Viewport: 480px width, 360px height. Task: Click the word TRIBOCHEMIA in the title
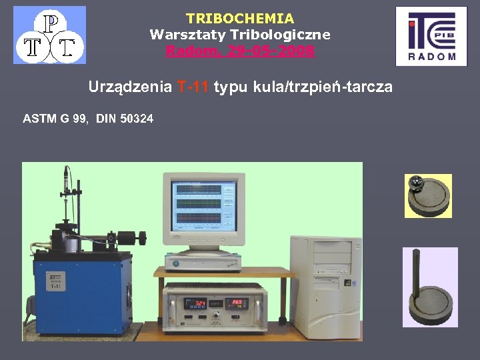(x=240, y=19)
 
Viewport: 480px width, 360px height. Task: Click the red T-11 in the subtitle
(x=193, y=87)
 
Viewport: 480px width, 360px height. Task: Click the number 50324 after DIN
(x=137, y=119)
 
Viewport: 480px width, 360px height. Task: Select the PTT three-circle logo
(x=49, y=35)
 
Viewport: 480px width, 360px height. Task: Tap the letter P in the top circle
(x=49, y=22)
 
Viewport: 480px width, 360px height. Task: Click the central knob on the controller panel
(x=216, y=314)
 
